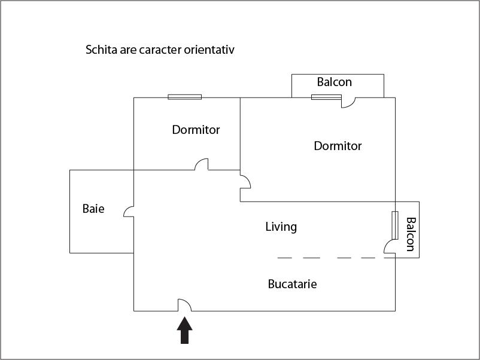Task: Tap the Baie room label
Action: coord(93,209)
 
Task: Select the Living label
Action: coord(281,227)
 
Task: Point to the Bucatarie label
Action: coord(292,284)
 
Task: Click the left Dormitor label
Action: coord(196,130)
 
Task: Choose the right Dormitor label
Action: coord(338,146)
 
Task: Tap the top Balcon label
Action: coord(334,82)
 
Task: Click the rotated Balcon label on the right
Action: coord(411,234)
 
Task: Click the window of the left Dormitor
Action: coord(184,97)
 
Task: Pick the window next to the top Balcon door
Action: coord(326,97)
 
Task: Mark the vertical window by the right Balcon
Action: coord(395,225)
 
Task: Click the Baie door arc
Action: coord(128,211)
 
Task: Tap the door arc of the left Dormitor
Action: coord(202,164)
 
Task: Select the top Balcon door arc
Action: coord(348,103)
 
